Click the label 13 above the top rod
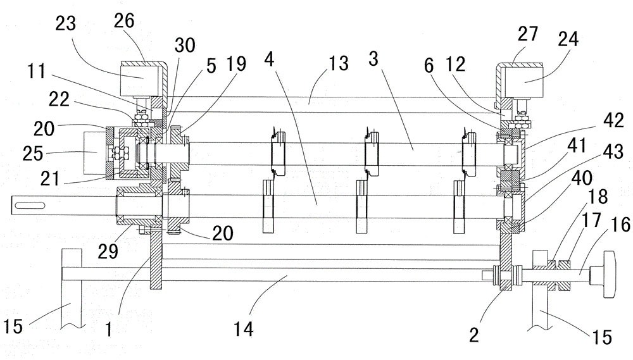click(339, 63)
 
